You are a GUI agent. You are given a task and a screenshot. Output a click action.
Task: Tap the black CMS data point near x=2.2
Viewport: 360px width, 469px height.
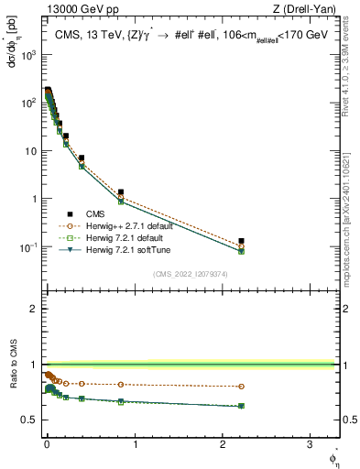[x=241, y=241]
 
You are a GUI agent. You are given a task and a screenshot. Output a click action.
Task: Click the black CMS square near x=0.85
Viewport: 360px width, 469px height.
[x=120, y=192]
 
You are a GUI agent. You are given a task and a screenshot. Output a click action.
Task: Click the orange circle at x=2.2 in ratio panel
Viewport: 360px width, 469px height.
[x=241, y=387]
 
